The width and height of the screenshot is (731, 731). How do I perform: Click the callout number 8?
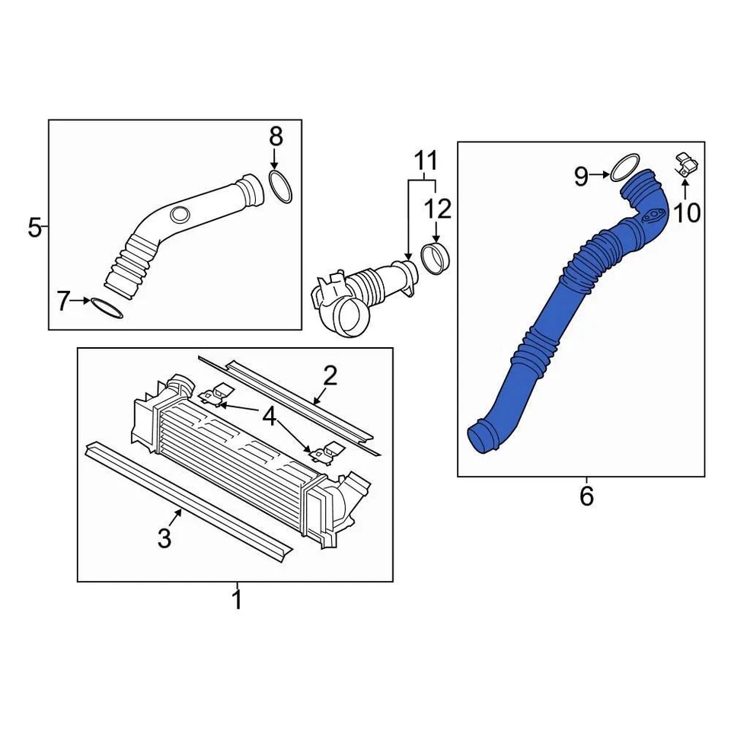click(276, 137)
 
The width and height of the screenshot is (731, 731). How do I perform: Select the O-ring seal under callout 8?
click(279, 187)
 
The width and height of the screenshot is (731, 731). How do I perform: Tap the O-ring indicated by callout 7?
click(107, 309)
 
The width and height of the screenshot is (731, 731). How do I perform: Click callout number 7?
click(63, 301)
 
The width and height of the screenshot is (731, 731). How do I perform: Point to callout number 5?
click(34, 227)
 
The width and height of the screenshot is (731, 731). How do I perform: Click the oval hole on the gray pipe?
click(180, 215)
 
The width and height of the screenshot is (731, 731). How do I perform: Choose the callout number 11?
click(426, 161)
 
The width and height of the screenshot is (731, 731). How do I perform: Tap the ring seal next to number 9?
click(624, 168)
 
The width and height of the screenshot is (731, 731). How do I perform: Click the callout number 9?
click(581, 177)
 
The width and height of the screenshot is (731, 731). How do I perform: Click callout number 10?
click(687, 213)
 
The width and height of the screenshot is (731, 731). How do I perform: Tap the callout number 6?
click(586, 496)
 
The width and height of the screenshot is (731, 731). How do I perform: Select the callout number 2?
click(330, 375)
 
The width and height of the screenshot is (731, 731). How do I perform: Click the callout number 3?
click(164, 538)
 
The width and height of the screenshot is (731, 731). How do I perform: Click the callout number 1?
click(237, 599)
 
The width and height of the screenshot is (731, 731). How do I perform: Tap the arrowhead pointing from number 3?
click(180, 512)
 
